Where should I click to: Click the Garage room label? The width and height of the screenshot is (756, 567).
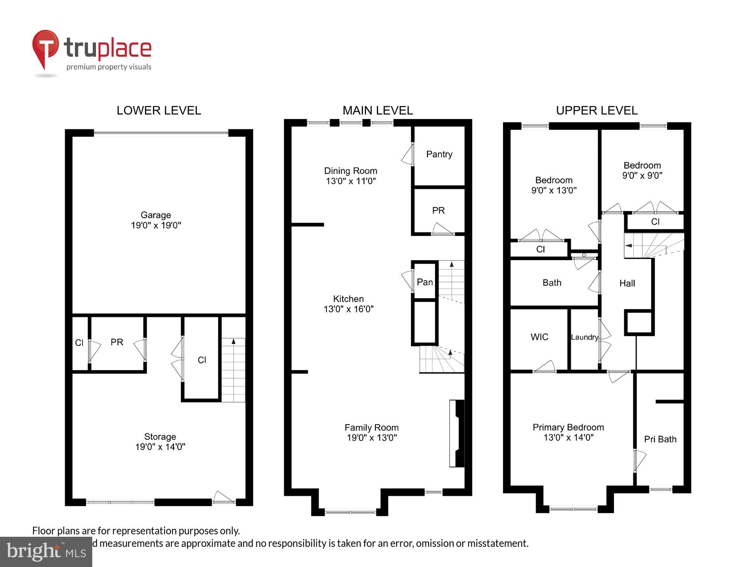pos(156,215)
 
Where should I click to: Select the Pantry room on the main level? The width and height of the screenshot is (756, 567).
pos(439,154)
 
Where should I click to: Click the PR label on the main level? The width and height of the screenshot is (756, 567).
pos(438,211)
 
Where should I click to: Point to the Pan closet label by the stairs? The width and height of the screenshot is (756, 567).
pos(424,282)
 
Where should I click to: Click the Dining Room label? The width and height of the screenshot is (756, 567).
pos(350,171)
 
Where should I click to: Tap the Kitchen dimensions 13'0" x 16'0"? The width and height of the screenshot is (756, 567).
pos(349,309)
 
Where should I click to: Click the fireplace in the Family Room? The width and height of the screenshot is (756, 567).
pos(457,433)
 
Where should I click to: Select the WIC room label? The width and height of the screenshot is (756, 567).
pos(539,337)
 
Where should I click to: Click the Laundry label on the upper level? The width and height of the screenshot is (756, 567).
pos(584,337)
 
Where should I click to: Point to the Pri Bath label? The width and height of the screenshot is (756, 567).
pos(660,439)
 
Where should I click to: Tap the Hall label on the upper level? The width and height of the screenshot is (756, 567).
pos(627,283)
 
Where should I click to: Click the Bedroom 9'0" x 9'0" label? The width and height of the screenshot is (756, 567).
pos(642,170)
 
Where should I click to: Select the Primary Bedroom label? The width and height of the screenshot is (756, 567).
pos(568,428)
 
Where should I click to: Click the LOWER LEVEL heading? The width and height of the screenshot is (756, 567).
pos(159,110)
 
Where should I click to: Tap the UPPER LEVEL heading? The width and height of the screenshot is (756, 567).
pos(596,110)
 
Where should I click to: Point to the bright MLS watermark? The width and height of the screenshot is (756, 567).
pos(46,552)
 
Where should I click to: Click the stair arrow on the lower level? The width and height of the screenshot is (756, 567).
pos(233,341)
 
